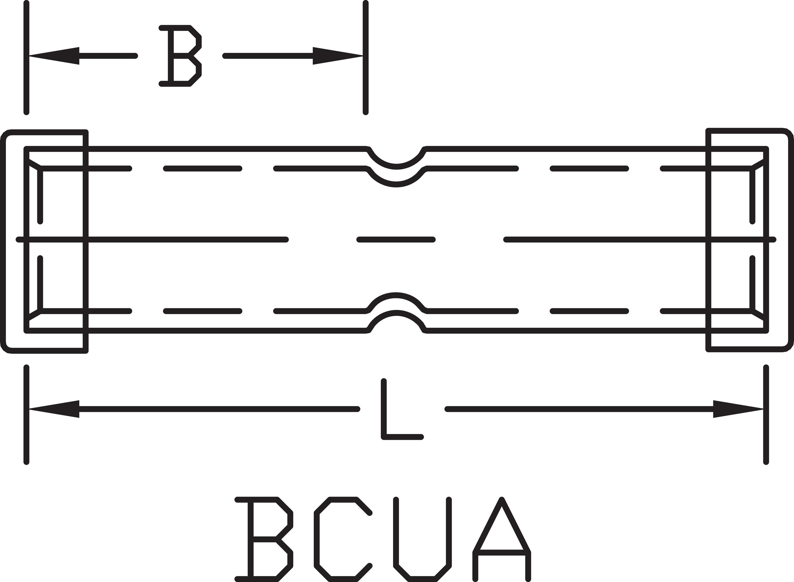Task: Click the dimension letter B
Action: pos(181,56)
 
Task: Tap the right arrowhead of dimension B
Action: pos(337,56)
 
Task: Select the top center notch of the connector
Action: pos(396,159)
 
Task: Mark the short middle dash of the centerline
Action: pos(396,240)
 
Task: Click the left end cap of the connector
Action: pos(46,241)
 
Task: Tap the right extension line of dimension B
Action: pos(366,58)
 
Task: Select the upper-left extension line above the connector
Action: pos(27,58)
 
